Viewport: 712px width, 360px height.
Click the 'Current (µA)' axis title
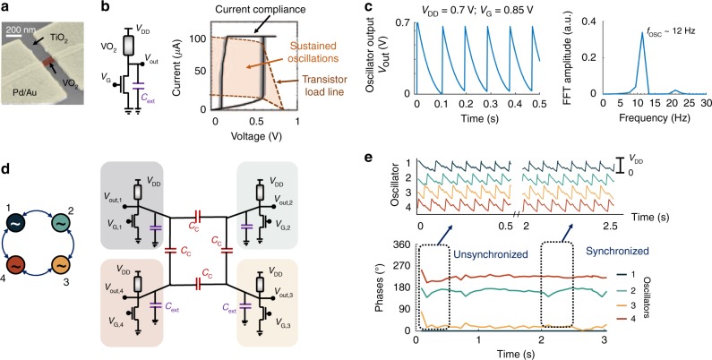[177, 73]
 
